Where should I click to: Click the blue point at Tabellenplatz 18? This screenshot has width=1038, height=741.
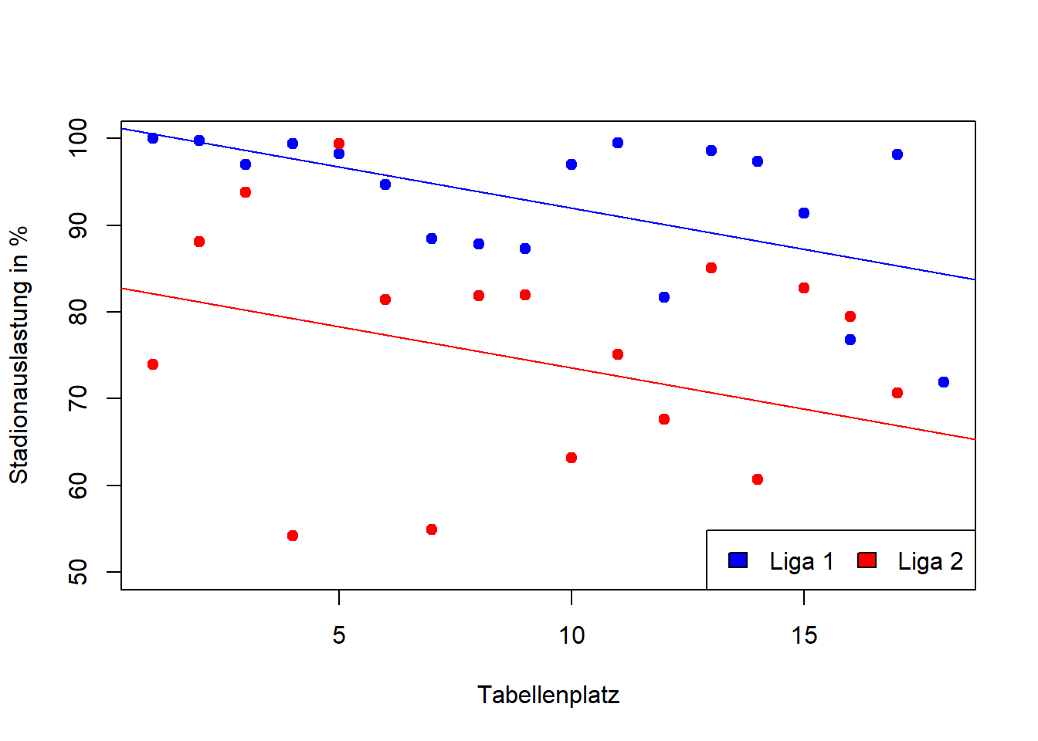[x=943, y=382]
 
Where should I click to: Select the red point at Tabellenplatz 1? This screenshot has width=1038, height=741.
[x=153, y=364]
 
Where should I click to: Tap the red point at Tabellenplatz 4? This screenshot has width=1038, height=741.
[x=293, y=536]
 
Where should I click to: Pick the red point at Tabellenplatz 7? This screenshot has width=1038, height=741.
[x=432, y=530]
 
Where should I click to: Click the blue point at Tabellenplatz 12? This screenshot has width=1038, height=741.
[x=664, y=297]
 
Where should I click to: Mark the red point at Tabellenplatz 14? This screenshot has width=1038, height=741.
[x=758, y=479]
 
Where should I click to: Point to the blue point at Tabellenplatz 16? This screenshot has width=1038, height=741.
[x=850, y=340]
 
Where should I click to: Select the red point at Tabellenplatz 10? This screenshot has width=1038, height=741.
[x=572, y=458]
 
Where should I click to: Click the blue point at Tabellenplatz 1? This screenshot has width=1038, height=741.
[x=153, y=138]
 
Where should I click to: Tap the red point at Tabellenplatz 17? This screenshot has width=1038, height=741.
[x=897, y=393]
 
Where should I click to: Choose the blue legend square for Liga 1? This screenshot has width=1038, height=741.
[x=738, y=560]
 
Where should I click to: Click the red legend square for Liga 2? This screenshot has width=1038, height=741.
[x=867, y=560]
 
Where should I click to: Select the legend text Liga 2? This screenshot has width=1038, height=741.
[x=930, y=561]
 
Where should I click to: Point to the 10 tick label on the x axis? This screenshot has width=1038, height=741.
[x=572, y=635]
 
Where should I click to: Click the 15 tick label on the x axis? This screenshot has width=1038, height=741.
[x=804, y=635]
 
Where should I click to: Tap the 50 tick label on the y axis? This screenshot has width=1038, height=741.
[x=78, y=572]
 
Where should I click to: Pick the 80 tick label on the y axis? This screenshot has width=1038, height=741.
[x=78, y=312]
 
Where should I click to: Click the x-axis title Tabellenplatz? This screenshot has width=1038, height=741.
[x=548, y=695]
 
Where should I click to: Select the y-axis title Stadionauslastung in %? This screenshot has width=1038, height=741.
[x=19, y=355]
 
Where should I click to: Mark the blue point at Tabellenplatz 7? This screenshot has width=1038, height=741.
[x=432, y=239]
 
